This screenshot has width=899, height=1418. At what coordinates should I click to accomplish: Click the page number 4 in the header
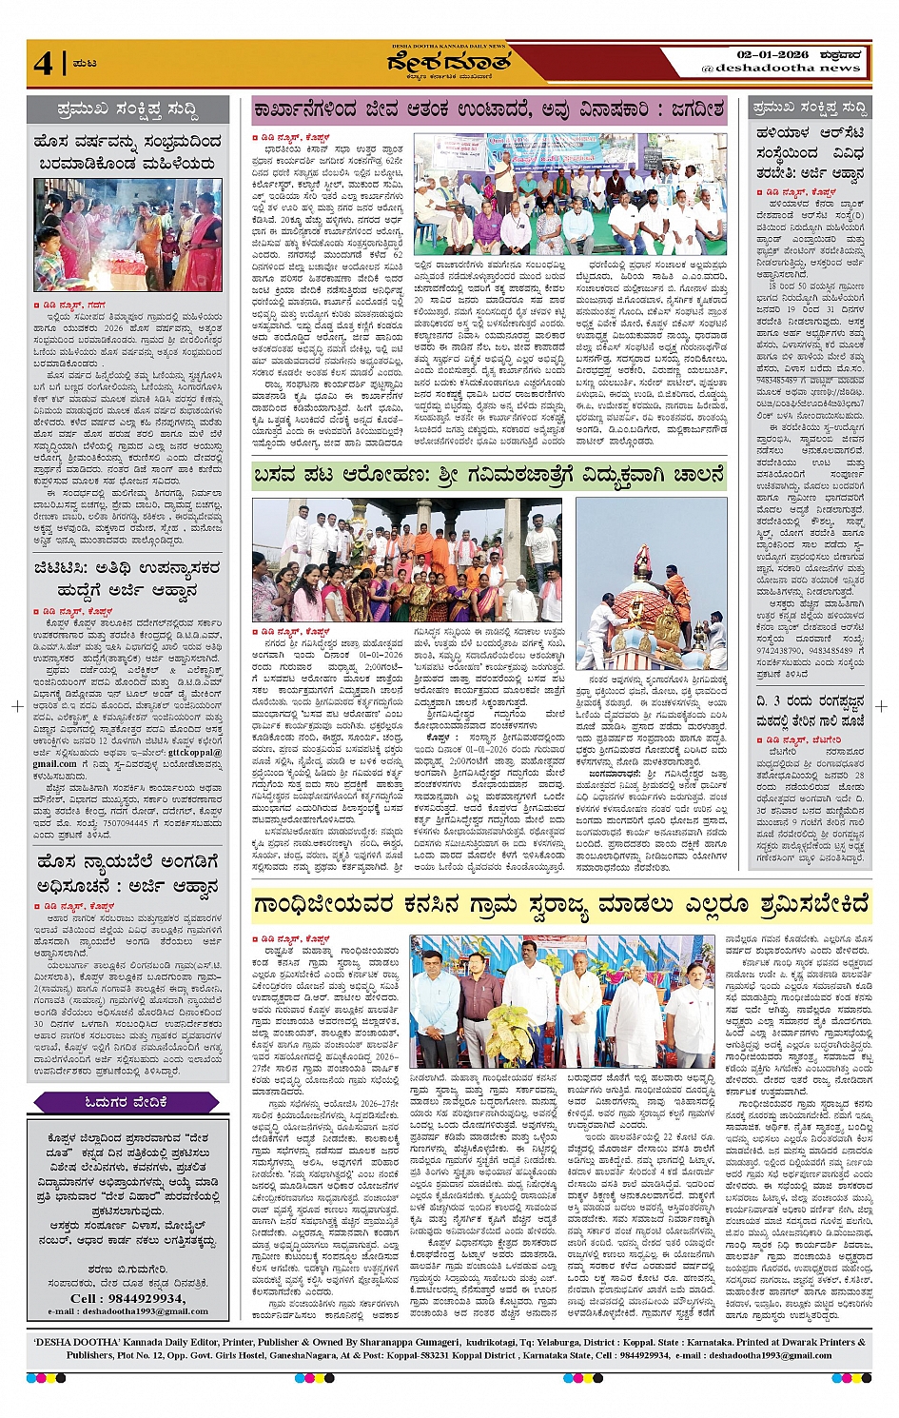point(44,64)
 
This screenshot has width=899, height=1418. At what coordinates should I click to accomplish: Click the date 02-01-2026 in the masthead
point(772,54)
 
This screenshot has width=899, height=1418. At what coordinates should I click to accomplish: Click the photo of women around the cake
point(127,234)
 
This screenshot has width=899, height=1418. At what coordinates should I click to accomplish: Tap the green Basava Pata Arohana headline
point(488,473)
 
